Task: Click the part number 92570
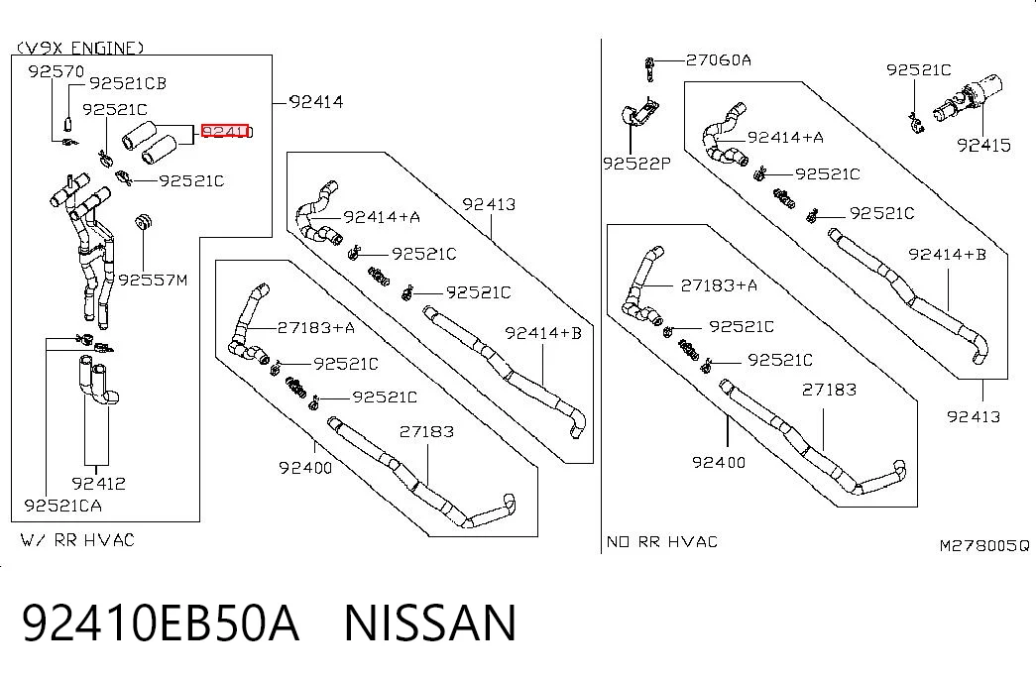point(57,70)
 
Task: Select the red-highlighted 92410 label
point(227,132)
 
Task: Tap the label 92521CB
point(128,83)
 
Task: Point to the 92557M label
point(154,281)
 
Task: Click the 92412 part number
point(98,484)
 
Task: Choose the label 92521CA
point(62,506)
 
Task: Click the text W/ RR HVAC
point(77,540)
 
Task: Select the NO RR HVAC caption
point(662,542)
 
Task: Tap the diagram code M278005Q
point(984,546)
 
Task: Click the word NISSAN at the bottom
point(430,623)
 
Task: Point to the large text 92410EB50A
point(161,623)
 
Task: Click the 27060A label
point(718,60)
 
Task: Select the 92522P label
point(636,164)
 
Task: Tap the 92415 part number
point(983,145)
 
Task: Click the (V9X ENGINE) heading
point(80,48)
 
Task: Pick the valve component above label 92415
point(968,100)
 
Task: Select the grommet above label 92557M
point(144,222)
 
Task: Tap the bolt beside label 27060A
point(649,69)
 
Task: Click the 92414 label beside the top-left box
point(316,102)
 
